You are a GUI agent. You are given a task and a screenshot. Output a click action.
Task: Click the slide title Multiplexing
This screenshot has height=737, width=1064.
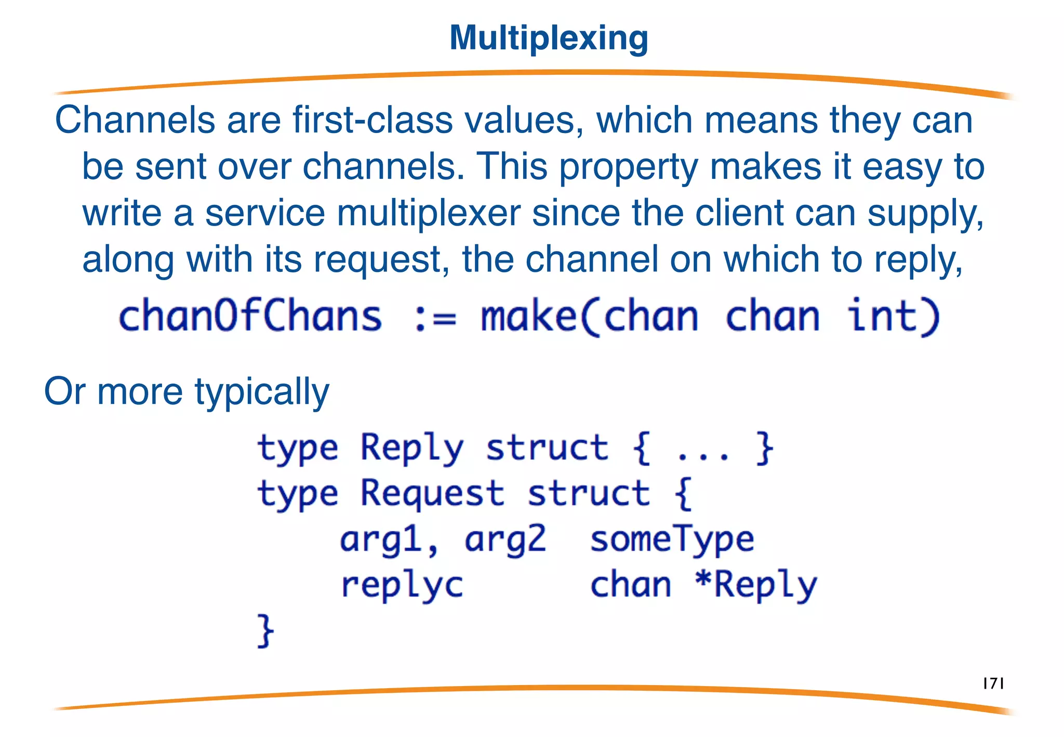(549, 38)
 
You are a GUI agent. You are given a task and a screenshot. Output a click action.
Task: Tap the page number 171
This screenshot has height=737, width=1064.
(993, 683)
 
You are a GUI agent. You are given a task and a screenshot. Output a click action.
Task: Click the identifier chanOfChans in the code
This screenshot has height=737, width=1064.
(250, 316)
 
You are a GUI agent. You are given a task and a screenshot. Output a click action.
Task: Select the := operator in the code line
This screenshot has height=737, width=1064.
(435, 317)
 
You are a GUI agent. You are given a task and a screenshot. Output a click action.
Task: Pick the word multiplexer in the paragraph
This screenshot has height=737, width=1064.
(429, 214)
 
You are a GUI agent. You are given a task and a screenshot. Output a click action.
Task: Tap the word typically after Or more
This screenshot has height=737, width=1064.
(262, 392)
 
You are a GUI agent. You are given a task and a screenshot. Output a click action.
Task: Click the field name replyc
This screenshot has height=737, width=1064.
(402, 586)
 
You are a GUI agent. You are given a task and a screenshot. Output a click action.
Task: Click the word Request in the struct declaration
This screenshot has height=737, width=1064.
(432, 494)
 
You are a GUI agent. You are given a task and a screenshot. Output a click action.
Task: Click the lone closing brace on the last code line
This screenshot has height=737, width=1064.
(265, 631)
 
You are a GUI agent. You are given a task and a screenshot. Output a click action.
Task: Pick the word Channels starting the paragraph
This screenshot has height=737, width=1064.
(135, 121)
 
